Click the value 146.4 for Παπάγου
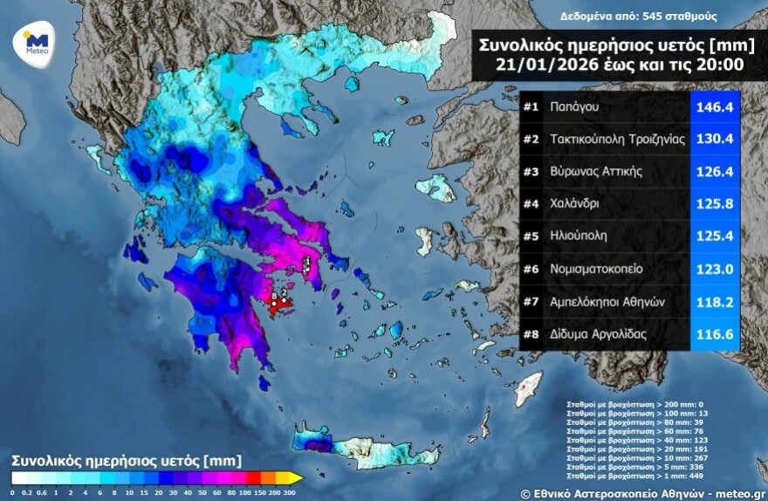(x=714, y=107)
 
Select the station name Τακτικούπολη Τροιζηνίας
(x=617, y=139)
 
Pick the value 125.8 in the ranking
(x=714, y=204)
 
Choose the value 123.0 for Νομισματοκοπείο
(x=714, y=269)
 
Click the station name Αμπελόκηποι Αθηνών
(x=608, y=301)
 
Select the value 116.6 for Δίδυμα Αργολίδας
(x=714, y=333)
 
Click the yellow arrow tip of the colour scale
(x=297, y=477)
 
